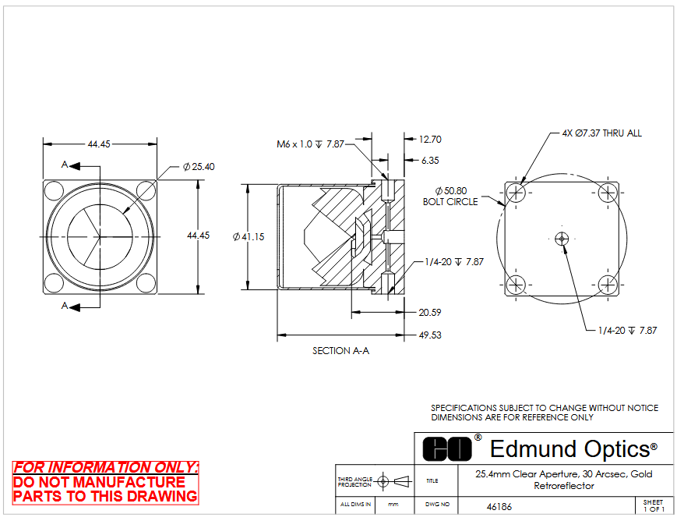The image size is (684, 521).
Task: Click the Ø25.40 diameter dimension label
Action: [199, 167]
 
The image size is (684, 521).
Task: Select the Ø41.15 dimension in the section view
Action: [249, 236]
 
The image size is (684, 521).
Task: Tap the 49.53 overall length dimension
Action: [430, 335]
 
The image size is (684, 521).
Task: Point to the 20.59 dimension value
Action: [430, 313]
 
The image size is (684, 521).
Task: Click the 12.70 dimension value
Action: [430, 140]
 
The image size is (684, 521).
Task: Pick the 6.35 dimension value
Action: [430, 160]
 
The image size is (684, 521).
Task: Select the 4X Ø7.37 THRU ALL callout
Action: [602, 133]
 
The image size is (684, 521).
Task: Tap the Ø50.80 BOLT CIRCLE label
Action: [450, 196]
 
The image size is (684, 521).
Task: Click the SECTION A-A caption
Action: [340, 351]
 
